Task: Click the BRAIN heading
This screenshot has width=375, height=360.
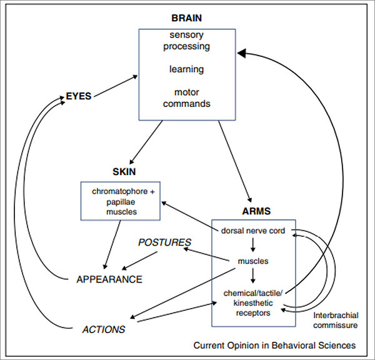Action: click(x=186, y=18)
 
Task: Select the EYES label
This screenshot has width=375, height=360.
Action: click(x=79, y=96)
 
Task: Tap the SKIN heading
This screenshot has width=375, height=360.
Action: click(x=124, y=172)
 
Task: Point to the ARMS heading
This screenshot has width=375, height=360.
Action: click(x=256, y=211)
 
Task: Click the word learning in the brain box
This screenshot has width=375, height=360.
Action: click(x=186, y=69)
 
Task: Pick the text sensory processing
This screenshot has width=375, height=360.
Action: click(x=186, y=41)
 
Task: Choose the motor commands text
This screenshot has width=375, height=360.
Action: click(x=186, y=98)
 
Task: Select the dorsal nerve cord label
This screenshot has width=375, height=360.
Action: click(x=253, y=231)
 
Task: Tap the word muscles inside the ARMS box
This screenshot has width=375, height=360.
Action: click(x=253, y=261)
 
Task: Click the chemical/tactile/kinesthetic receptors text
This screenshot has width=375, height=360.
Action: click(x=253, y=303)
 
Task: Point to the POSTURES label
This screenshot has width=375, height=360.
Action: click(x=164, y=242)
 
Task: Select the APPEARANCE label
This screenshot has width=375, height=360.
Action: click(x=109, y=279)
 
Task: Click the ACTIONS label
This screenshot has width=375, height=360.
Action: click(x=104, y=329)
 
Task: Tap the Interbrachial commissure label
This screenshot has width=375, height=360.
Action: click(x=336, y=320)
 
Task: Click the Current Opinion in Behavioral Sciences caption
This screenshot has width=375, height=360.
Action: click(x=274, y=346)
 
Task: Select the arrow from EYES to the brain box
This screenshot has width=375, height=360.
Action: click(x=116, y=86)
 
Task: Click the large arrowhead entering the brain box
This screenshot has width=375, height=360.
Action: click(x=242, y=53)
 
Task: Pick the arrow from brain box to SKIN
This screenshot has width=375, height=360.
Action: click(x=146, y=142)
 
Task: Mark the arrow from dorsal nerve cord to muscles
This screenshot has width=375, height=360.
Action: click(x=252, y=245)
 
